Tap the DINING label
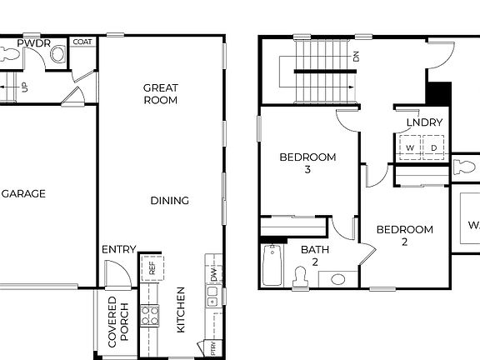(x=169, y=201)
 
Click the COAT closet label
(x=82, y=42)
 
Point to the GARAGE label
(x=22, y=194)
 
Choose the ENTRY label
(x=118, y=249)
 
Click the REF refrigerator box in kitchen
(x=152, y=268)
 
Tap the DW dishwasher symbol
(x=213, y=273)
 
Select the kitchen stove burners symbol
(x=150, y=315)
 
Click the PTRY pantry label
(x=213, y=347)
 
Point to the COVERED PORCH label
(x=118, y=320)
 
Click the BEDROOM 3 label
(x=307, y=162)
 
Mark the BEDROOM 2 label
(x=404, y=236)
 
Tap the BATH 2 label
(x=315, y=255)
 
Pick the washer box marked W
(x=409, y=147)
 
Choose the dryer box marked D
(x=434, y=147)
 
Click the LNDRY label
(x=424, y=123)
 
